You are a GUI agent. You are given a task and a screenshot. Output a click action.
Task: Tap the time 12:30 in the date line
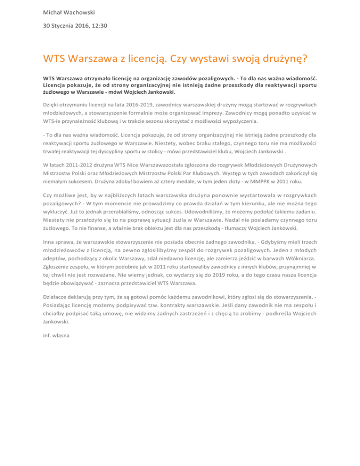pyautogui.click(x=98, y=26)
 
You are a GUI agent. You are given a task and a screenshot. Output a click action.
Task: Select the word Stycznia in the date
pyautogui.click(x=63, y=26)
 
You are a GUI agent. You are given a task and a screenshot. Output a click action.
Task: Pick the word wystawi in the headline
pyautogui.click(x=208, y=59)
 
